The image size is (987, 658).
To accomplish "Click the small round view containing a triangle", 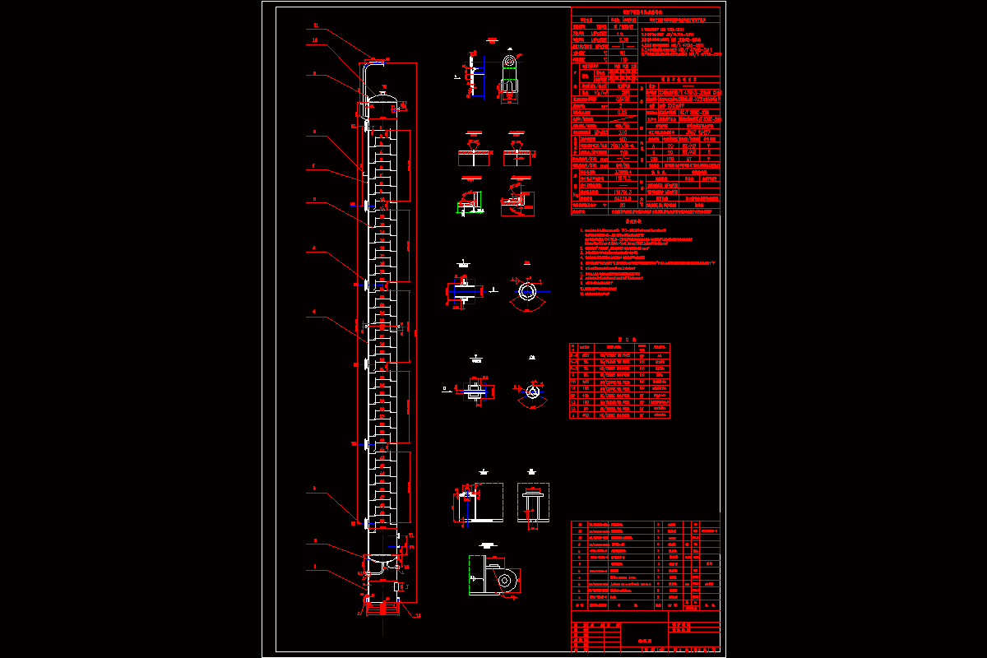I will coord(532,392).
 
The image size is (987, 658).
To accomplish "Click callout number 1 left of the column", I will coord(315,567).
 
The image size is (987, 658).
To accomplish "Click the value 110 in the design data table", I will coord(624,59).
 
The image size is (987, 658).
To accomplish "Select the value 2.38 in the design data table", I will coord(624,39).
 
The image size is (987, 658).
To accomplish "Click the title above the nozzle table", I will coord(619,338).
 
